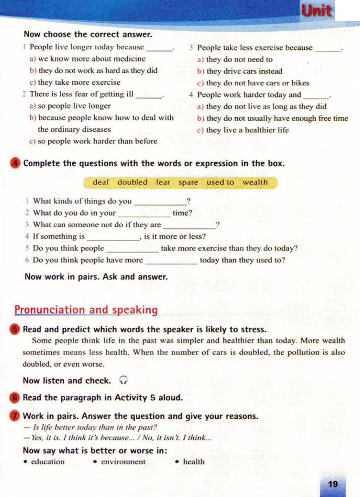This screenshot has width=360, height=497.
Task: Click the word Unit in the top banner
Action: (316, 11)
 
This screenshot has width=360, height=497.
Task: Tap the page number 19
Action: (333, 484)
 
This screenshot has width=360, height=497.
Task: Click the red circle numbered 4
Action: (15, 163)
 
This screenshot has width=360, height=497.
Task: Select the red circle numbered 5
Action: (15, 329)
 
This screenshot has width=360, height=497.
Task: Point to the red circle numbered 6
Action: (15, 398)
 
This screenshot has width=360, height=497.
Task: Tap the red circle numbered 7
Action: (15, 416)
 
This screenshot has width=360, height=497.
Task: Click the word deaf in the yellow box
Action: (101, 182)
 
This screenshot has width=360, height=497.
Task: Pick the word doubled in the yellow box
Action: (132, 182)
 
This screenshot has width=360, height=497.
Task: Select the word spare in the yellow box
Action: (188, 183)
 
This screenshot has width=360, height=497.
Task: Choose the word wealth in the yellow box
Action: (255, 182)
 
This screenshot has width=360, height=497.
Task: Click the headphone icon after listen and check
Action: (123, 380)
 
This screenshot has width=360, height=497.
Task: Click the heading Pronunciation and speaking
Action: (86, 310)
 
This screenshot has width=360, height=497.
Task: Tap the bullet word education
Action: (48, 462)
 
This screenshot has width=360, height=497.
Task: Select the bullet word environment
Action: (123, 462)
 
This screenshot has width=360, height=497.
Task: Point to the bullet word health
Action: (194, 462)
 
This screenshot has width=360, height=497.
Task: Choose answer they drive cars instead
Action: (244, 71)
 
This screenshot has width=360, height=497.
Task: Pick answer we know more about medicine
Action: (91, 59)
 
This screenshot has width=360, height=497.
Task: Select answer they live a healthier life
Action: (247, 130)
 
